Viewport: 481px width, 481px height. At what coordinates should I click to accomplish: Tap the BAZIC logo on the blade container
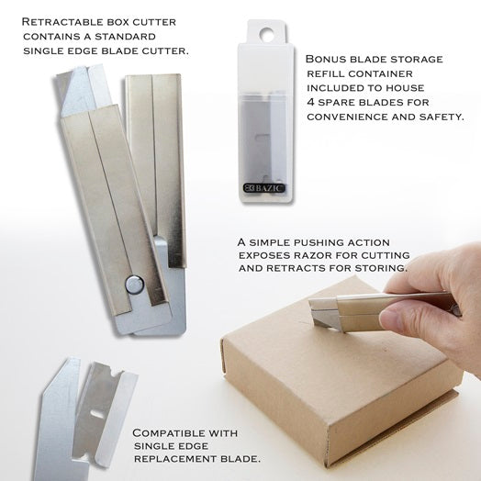264,188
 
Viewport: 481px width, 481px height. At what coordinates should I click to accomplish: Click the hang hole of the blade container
266,34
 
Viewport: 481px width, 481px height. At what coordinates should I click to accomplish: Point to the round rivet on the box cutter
135,285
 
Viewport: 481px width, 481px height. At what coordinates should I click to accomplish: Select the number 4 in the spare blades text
311,102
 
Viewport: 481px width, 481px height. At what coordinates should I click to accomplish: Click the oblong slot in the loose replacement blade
97,415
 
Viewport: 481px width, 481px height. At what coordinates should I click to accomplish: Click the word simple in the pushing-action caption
270,242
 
